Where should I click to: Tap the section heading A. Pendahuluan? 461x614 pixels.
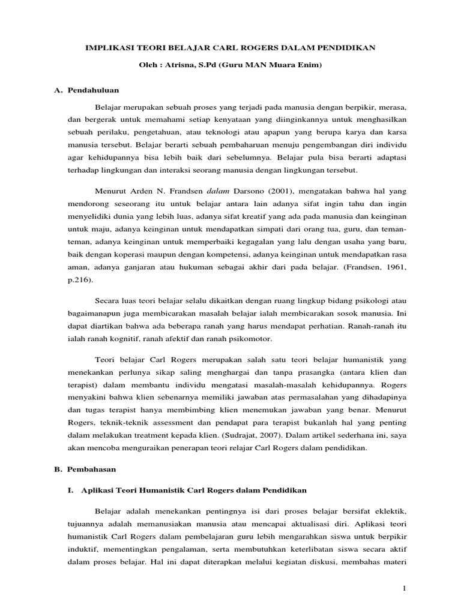tap(87, 90)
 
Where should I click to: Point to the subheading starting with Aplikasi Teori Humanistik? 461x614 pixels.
tap(193, 490)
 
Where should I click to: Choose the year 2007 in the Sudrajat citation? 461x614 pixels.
tap(247, 435)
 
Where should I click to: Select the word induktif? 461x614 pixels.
tap(82, 548)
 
